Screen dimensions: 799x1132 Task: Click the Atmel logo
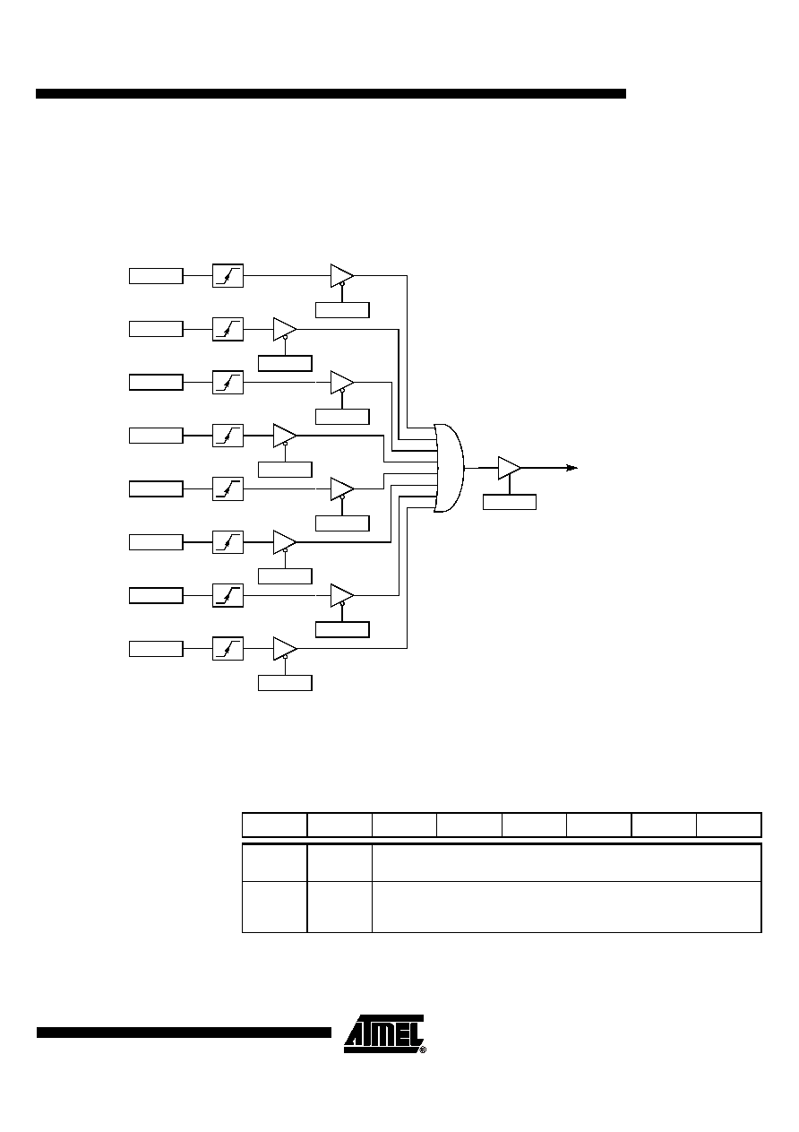[385, 1034]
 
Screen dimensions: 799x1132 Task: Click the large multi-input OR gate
[449, 468]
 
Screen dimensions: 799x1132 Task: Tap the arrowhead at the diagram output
[571, 468]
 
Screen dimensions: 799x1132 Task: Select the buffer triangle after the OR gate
[509, 468]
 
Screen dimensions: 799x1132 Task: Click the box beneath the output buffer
[510, 502]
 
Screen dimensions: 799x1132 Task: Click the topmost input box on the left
[156, 276]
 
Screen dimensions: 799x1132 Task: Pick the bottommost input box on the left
[156, 649]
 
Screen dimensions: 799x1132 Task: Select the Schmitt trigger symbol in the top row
[228, 275]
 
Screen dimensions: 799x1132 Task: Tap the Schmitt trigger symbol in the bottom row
[228, 648]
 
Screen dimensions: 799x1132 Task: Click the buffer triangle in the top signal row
[342, 275]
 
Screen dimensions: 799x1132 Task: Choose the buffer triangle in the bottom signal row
[285, 648]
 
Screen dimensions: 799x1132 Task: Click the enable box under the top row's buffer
[342, 310]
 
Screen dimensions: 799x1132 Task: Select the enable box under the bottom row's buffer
[285, 683]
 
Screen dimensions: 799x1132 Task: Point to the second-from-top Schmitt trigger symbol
[228, 329]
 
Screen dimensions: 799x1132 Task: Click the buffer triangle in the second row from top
[285, 329]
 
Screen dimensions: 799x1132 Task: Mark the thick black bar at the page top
[331, 93]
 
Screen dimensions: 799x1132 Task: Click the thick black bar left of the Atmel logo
[184, 1033]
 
